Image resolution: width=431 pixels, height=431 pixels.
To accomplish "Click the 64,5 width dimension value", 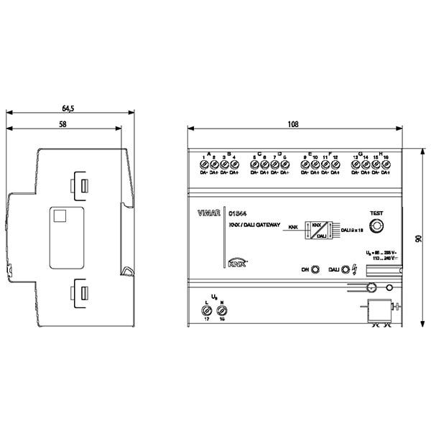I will coord(68,108).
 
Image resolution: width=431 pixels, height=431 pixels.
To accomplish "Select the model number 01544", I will coord(238,213).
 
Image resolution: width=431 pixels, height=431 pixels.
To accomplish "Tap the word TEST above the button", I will coord(376,213).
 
